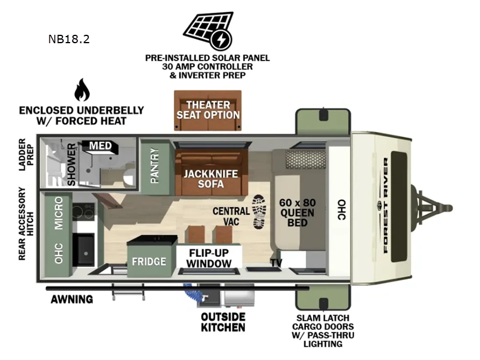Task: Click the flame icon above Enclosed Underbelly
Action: [82, 90]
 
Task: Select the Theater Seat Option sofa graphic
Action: [208, 110]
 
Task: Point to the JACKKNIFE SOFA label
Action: [206, 178]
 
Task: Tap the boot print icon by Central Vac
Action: [260, 212]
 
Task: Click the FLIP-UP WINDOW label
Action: [208, 258]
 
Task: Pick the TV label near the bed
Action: [276, 263]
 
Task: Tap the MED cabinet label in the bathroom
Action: [99, 145]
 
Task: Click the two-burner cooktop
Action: [83, 211]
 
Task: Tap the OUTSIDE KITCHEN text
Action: [223, 322]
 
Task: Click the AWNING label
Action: [71, 299]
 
